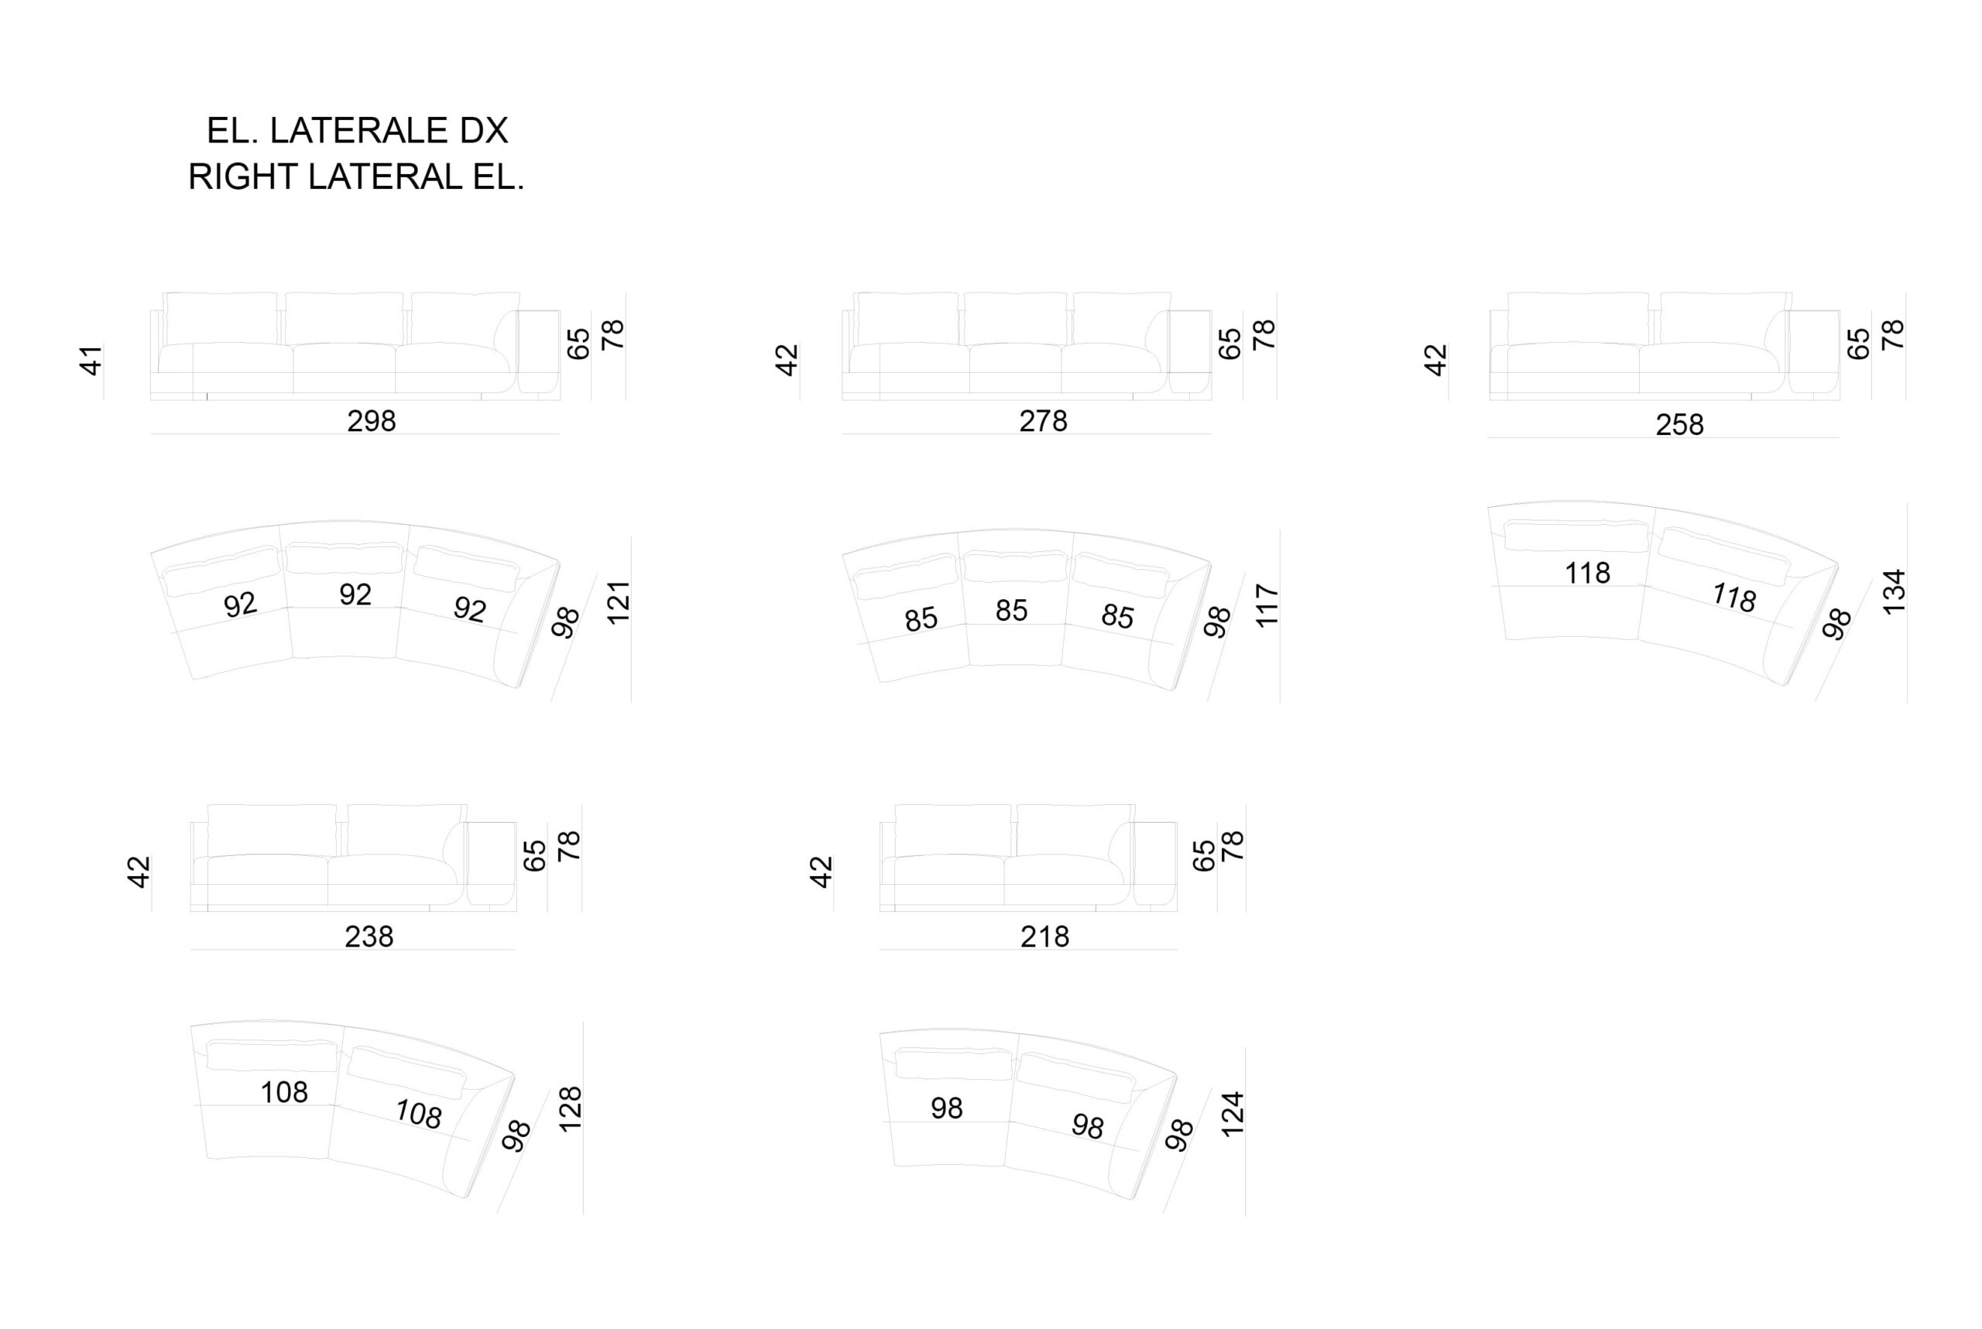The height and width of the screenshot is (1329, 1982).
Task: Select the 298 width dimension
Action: tap(372, 421)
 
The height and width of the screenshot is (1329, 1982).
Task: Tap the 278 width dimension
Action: tap(1043, 421)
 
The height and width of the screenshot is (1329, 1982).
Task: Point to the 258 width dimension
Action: tap(1679, 425)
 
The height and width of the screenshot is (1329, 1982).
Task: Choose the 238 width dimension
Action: tap(369, 937)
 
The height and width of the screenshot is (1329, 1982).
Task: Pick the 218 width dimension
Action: tap(1044, 937)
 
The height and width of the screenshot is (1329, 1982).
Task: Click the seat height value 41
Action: tap(91, 360)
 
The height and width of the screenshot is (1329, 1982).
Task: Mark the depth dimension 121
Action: tap(619, 603)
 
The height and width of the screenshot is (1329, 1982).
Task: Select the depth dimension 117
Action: tap(1267, 605)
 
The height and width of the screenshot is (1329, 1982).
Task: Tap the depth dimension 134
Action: tap(1893, 591)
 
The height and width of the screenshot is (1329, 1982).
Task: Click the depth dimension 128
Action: tap(571, 1108)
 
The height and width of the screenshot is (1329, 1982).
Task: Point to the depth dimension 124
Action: tap(1232, 1114)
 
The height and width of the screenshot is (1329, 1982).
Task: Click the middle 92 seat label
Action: tap(355, 595)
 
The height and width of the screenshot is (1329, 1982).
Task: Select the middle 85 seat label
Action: tap(1011, 610)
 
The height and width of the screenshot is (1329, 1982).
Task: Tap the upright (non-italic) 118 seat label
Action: tap(1587, 574)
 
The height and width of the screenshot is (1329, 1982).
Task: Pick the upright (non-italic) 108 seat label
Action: tap(284, 1092)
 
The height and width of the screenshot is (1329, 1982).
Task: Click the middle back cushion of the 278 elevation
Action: tap(1015, 319)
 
